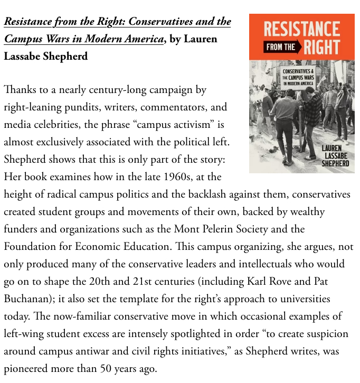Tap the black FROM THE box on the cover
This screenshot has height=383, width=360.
[280, 47]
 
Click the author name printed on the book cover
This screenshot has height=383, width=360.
[335, 156]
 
